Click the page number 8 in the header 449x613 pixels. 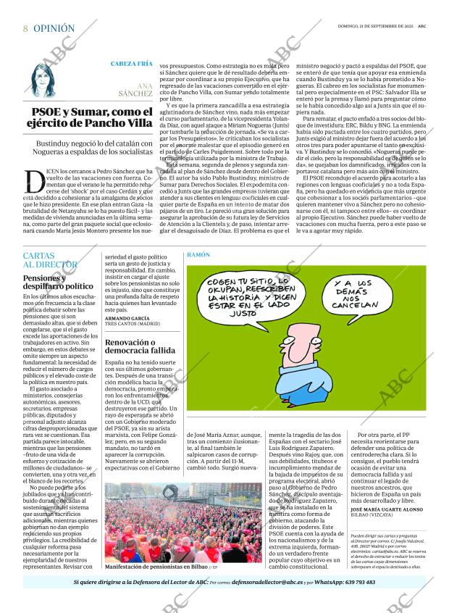pos(25,28)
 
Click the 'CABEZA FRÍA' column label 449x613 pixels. pos(131,64)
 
